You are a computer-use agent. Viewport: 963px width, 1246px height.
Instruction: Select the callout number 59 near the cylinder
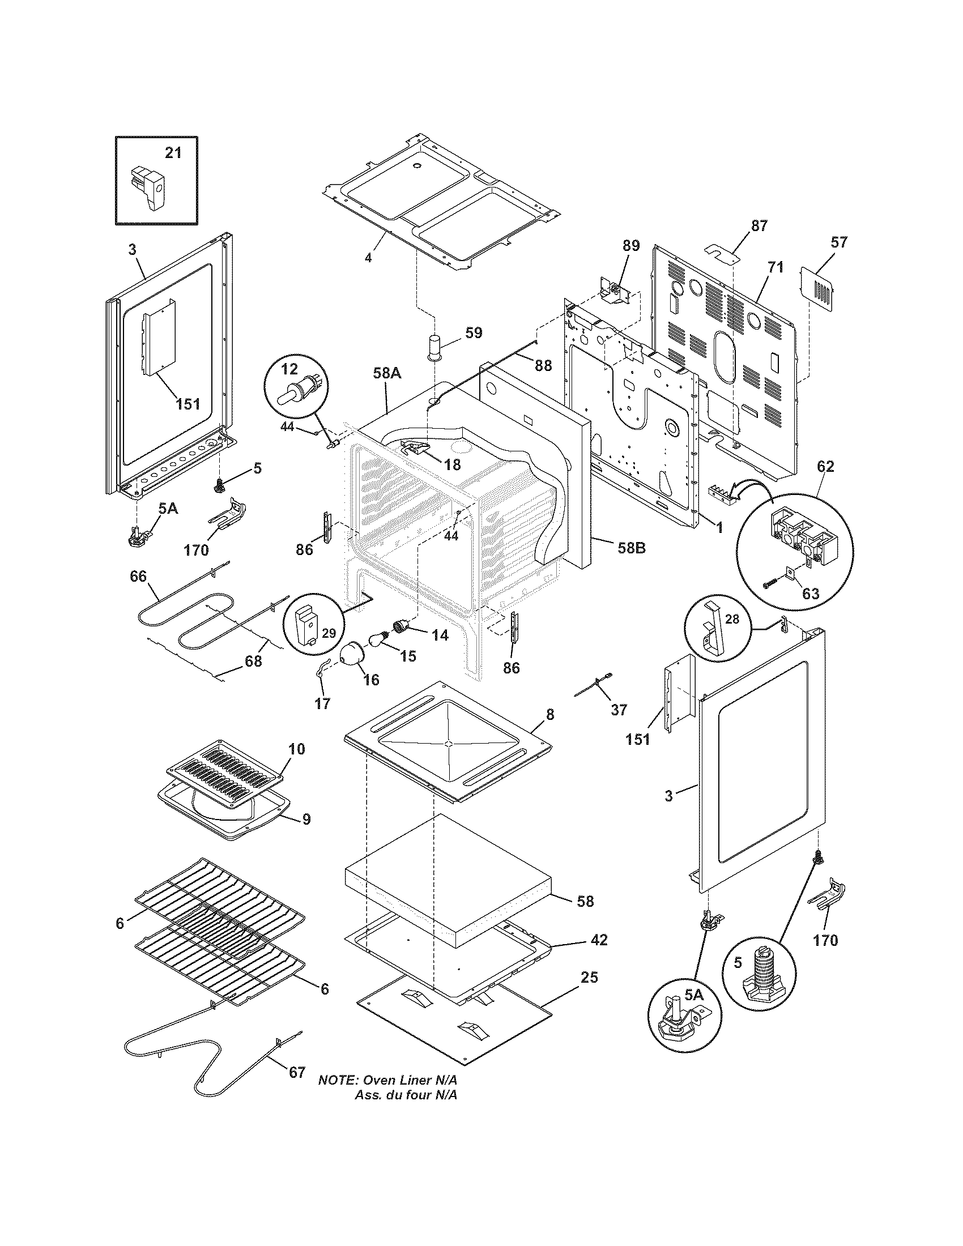tap(474, 332)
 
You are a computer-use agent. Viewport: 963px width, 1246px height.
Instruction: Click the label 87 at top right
tap(759, 225)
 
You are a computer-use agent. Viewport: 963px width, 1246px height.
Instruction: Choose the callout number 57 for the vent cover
tap(838, 242)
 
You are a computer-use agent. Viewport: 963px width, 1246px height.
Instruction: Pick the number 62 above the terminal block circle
tap(825, 466)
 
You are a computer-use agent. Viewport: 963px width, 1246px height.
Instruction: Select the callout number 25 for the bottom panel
tap(589, 978)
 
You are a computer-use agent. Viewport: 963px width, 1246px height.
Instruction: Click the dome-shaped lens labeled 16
tap(352, 652)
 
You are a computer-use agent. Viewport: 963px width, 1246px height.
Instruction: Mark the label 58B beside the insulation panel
tap(631, 548)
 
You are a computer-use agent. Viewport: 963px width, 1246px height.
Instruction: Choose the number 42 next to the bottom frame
tap(599, 940)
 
